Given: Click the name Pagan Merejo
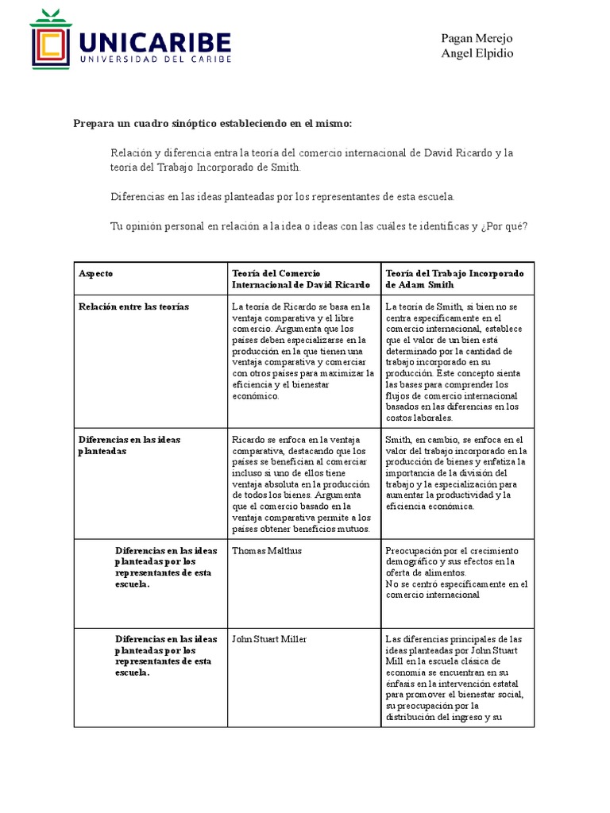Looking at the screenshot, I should point(477,39).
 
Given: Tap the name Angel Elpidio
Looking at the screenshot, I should point(477,53).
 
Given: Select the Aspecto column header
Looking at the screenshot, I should point(96,273).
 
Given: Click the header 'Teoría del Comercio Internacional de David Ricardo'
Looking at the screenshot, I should point(300,279).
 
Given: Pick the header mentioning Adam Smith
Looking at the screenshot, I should point(454,279).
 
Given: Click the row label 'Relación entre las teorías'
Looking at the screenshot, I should point(133,306).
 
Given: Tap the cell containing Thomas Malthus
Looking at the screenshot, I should point(267,550).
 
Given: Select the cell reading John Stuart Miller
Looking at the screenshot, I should point(269,639).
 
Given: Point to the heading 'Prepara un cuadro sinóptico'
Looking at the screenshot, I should point(212,124).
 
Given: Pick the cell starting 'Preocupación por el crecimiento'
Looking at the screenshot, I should point(456,572).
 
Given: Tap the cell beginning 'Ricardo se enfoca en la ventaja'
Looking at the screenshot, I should point(302,484).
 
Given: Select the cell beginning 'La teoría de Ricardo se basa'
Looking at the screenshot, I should point(302,350).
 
